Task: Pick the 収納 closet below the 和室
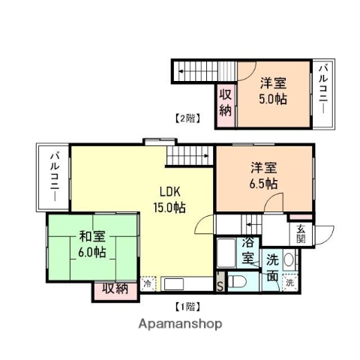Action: coord(115,287)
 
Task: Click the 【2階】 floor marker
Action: coord(187,118)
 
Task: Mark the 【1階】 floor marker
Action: coord(187,306)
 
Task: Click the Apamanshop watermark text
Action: coord(180,325)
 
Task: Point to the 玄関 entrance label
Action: coord(301,234)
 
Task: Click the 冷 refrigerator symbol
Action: coord(148,284)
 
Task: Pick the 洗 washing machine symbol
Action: coord(289,284)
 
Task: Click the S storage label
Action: coord(220,286)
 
